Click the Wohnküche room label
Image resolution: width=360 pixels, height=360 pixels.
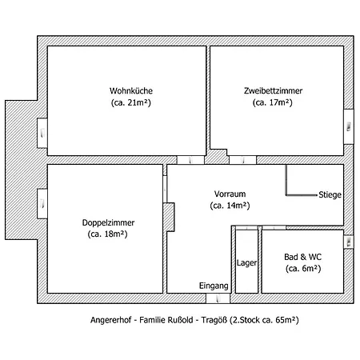[126, 90]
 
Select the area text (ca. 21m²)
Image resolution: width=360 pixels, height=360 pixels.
[126, 102]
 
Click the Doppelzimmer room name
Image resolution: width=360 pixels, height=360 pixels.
[107, 222]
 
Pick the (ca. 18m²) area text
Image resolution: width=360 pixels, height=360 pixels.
[107, 234]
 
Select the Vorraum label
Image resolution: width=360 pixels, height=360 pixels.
[230, 194]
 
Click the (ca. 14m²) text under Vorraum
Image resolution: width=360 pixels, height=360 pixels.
[230, 206]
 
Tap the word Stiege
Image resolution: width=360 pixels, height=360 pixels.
[330, 194]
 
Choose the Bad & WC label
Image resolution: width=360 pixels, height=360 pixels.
[302, 257]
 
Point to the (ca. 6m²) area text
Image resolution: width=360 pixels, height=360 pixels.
[302, 269]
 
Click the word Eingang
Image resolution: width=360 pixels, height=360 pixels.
[214, 286]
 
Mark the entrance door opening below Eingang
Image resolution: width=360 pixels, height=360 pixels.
[216, 298]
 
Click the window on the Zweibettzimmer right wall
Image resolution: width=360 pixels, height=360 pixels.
[349, 122]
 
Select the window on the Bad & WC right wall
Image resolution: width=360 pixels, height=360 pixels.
[349, 240]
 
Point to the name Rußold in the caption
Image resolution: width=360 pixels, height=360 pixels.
[174, 319]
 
